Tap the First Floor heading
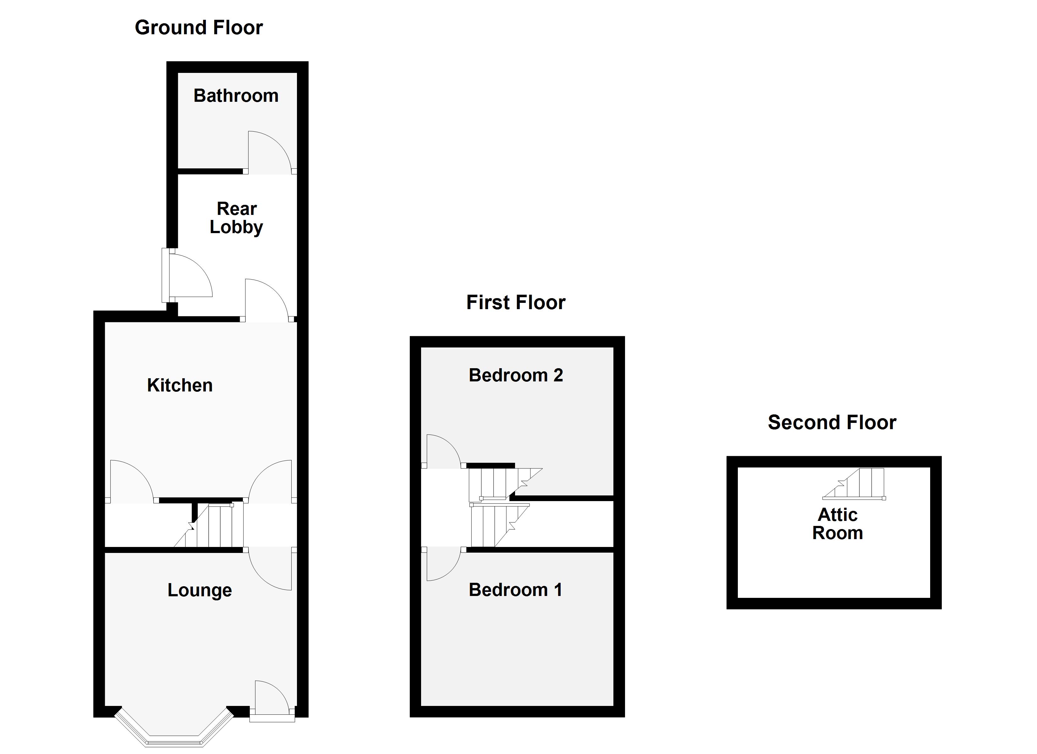point(516,303)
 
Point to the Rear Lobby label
point(236,218)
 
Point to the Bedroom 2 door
point(442,452)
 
